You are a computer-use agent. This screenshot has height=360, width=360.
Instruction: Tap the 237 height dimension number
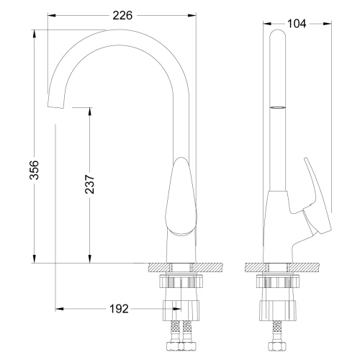(x=81, y=186)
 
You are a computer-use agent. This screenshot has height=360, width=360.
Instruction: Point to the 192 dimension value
(x=120, y=309)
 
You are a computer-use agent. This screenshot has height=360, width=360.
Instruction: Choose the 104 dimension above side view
(x=297, y=24)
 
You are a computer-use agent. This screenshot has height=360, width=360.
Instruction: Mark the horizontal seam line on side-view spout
(x=277, y=106)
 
